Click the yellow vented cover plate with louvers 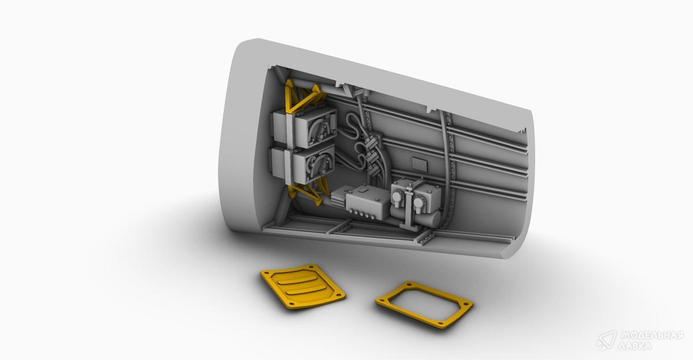pyautogui.click(x=303, y=287)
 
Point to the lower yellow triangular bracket pyautogui.click(x=306, y=190)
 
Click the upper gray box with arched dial pyautogui.click(x=305, y=128)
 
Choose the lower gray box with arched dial pyautogui.click(x=303, y=164)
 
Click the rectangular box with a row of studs pyautogui.click(x=367, y=202)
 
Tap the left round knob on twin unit pyautogui.click(x=396, y=196)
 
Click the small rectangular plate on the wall pyautogui.click(x=419, y=164)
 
